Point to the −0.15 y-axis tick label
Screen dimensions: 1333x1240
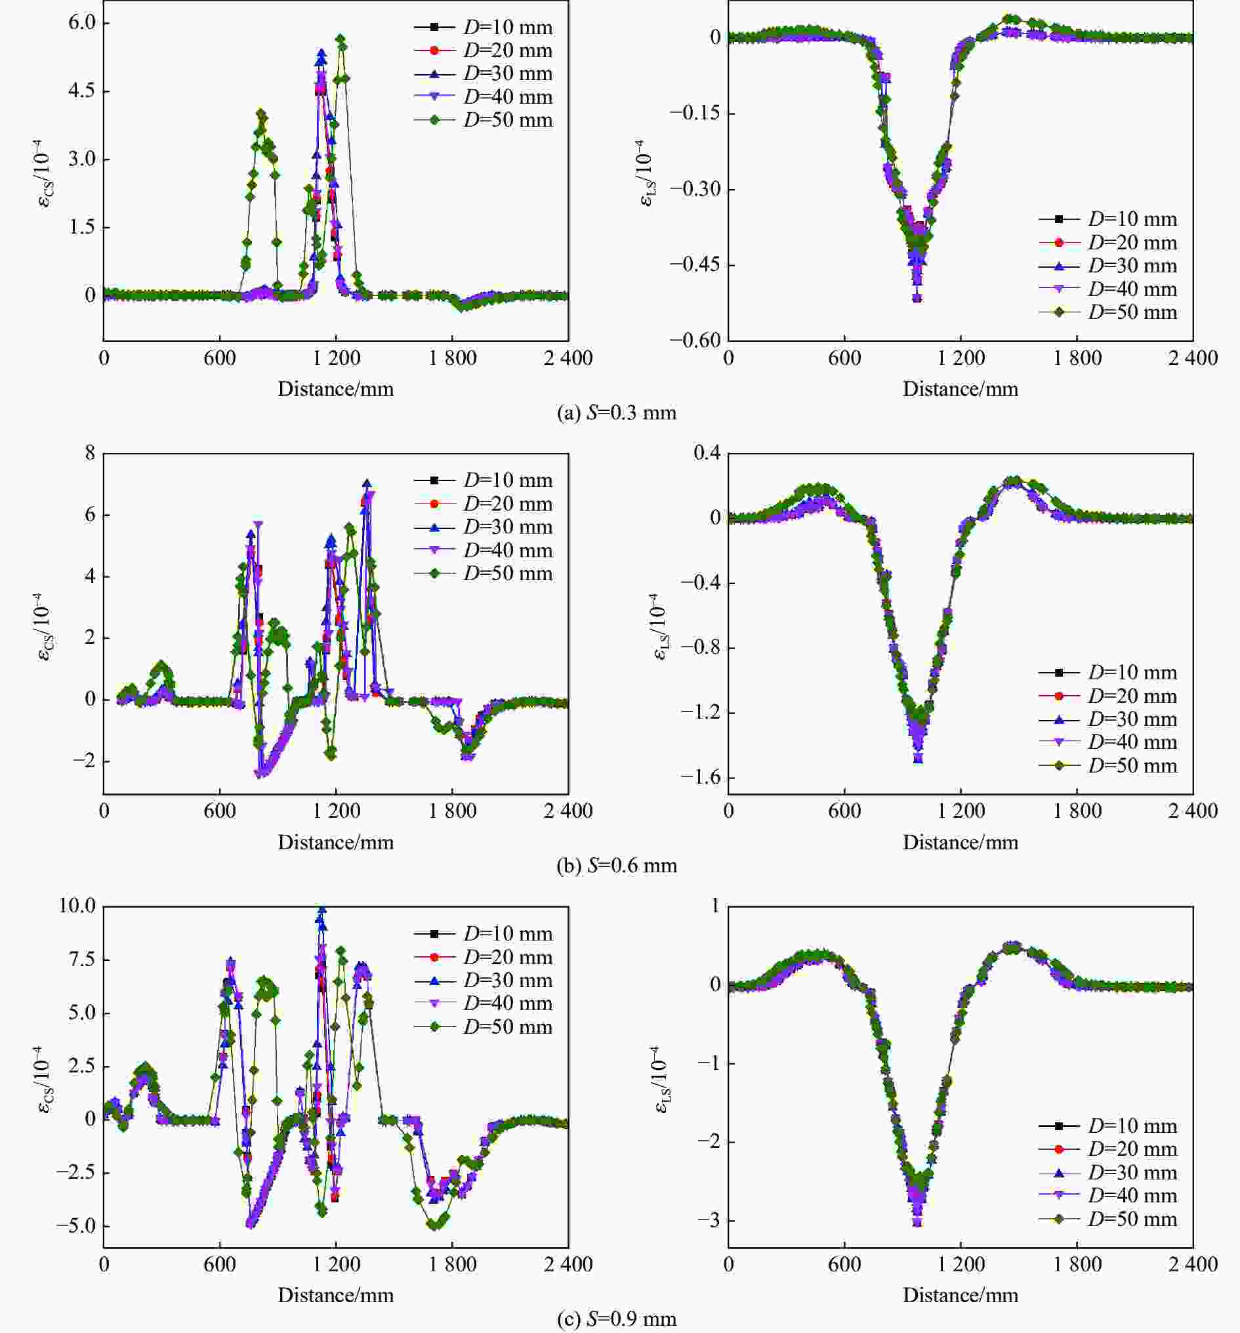pos(694,113)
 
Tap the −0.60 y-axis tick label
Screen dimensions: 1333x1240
pos(694,340)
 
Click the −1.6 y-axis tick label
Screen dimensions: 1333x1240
pos(701,778)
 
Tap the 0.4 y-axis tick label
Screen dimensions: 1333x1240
pos(707,454)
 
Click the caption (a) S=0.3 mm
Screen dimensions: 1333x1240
pos(617,413)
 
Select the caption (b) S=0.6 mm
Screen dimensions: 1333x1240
pos(617,866)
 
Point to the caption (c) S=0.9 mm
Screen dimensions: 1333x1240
pos(617,1320)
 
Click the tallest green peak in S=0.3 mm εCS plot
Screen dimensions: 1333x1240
pos(341,39)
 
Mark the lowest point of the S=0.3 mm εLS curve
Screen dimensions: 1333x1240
pos(917,298)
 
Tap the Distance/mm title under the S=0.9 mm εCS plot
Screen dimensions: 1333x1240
pos(336,1295)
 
